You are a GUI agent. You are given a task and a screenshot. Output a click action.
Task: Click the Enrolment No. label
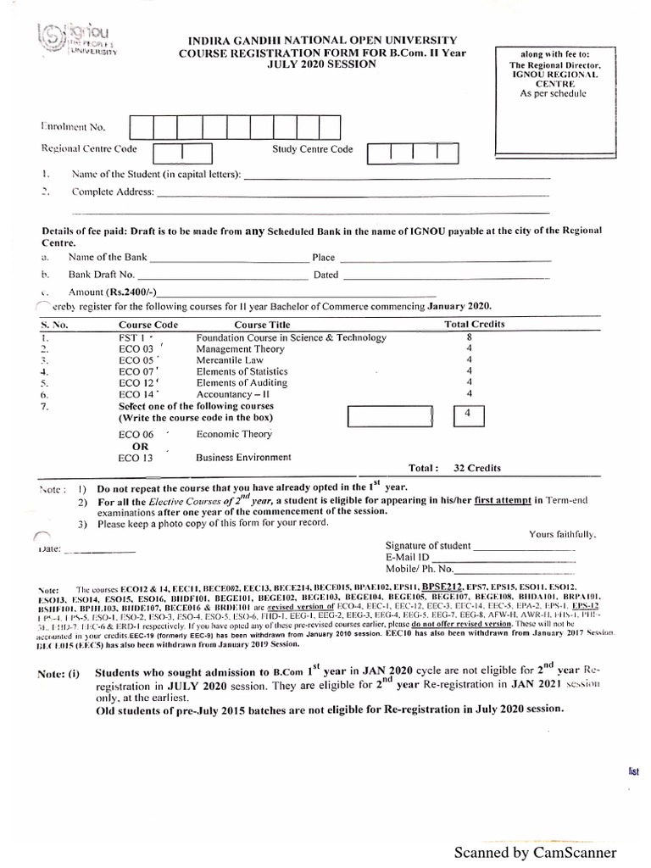pyautogui.click(x=74, y=127)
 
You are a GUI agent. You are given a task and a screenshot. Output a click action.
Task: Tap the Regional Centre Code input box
pyautogui.click(x=183, y=153)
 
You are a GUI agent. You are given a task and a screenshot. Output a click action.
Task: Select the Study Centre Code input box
pyautogui.click(x=413, y=153)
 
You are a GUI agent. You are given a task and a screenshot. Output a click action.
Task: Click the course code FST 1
pyautogui.click(x=135, y=337)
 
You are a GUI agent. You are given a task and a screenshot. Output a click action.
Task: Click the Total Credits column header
pyautogui.click(x=475, y=325)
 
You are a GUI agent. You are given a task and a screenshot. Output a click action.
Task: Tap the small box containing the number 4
pyautogui.click(x=469, y=415)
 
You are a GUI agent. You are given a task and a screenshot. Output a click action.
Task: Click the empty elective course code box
pyautogui.click(x=391, y=417)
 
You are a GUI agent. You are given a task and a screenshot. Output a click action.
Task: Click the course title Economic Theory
pyautogui.click(x=234, y=434)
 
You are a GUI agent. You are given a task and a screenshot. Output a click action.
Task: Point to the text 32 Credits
pyautogui.click(x=477, y=468)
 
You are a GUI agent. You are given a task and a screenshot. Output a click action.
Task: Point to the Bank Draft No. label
pyautogui.click(x=102, y=275)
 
